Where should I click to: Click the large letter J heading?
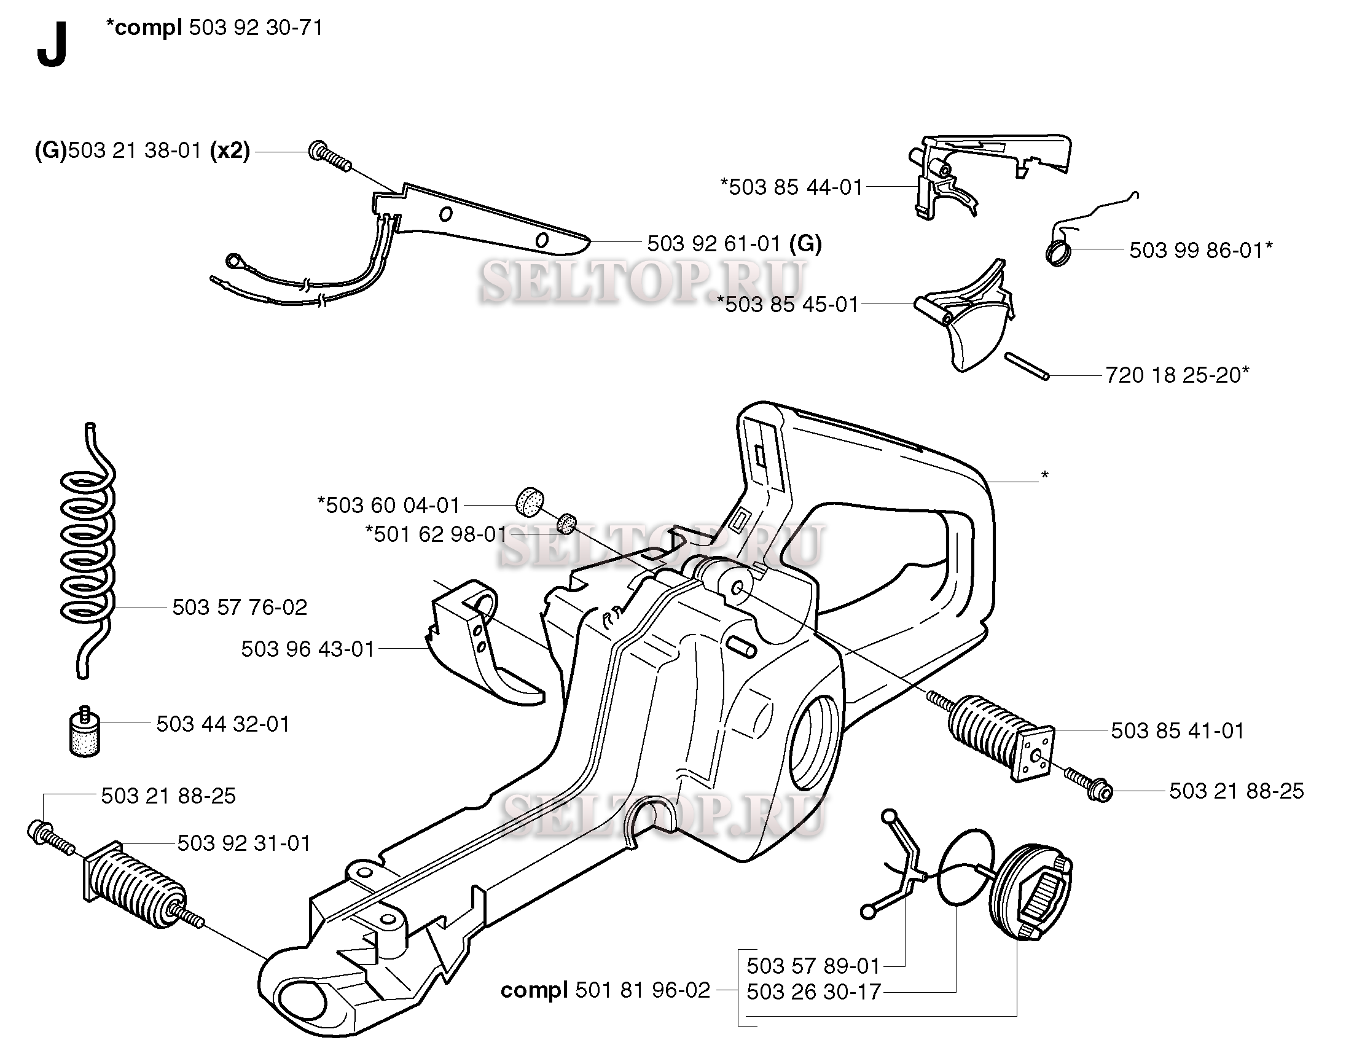point(52,48)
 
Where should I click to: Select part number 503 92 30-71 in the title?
point(256,28)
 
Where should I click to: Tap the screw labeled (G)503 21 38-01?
point(329,158)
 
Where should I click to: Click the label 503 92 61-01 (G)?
point(734,243)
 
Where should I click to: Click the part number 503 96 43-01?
point(308,649)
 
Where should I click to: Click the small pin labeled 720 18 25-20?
point(1027,366)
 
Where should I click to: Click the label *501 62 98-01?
point(436,534)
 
